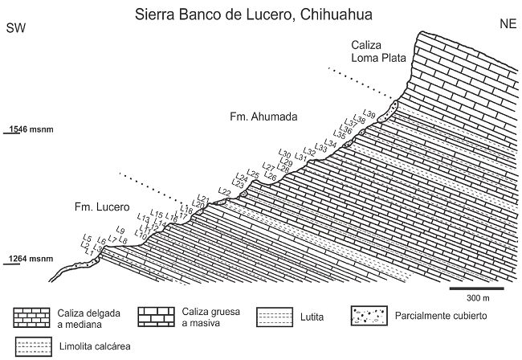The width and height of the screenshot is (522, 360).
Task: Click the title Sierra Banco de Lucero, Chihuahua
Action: click(261, 14)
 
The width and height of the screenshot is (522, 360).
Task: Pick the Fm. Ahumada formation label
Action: click(263, 117)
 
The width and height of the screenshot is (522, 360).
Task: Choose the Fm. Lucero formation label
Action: click(100, 208)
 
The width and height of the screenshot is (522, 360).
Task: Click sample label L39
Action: click(369, 112)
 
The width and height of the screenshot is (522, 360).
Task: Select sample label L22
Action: click(225, 192)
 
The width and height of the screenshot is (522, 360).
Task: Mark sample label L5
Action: click(87, 238)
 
